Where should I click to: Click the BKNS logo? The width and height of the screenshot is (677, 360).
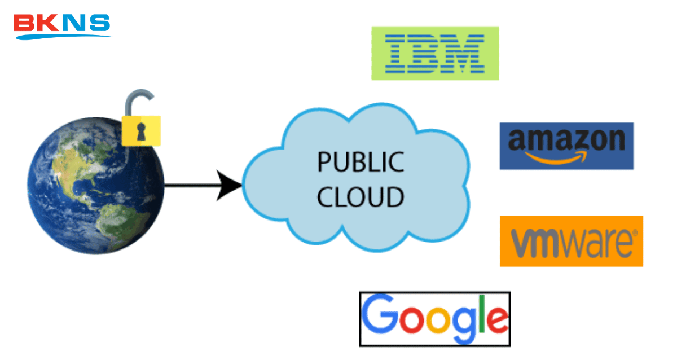click(x=62, y=25)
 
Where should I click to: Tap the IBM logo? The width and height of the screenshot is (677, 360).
click(x=434, y=53)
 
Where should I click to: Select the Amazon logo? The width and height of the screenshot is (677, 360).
click(x=566, y=146)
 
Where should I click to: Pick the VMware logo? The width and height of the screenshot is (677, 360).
click(x=571, y=241)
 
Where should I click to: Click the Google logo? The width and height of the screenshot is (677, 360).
click(x=434, y=318)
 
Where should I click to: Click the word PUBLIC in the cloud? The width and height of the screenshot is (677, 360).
click(x=361, y=162)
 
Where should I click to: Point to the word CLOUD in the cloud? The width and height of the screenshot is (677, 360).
click(x=361, y=197)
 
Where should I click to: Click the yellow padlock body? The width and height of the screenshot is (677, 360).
click(x=141, y=130)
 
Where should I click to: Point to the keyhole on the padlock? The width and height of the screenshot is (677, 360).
click(x=140, y=131)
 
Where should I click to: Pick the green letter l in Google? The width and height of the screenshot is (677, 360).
click(x=479, y=314)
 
